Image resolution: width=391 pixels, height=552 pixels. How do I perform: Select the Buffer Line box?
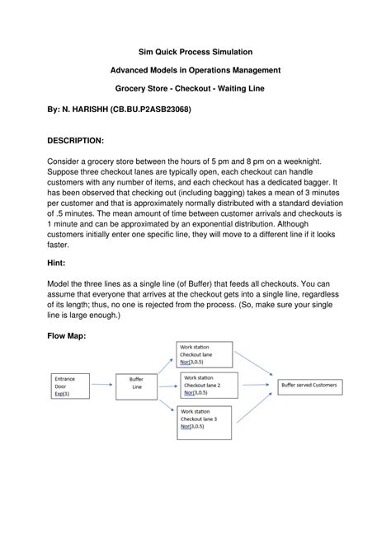(136, 385)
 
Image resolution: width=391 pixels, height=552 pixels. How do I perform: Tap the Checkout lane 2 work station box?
(210, 384)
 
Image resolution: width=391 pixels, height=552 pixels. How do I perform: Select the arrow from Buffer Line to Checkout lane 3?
(165, 405)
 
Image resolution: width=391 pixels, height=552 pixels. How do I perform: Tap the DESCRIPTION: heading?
(75, 141)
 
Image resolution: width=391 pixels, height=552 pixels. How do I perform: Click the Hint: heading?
(58, 264)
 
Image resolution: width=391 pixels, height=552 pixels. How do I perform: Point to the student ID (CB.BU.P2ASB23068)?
(152, 108)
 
